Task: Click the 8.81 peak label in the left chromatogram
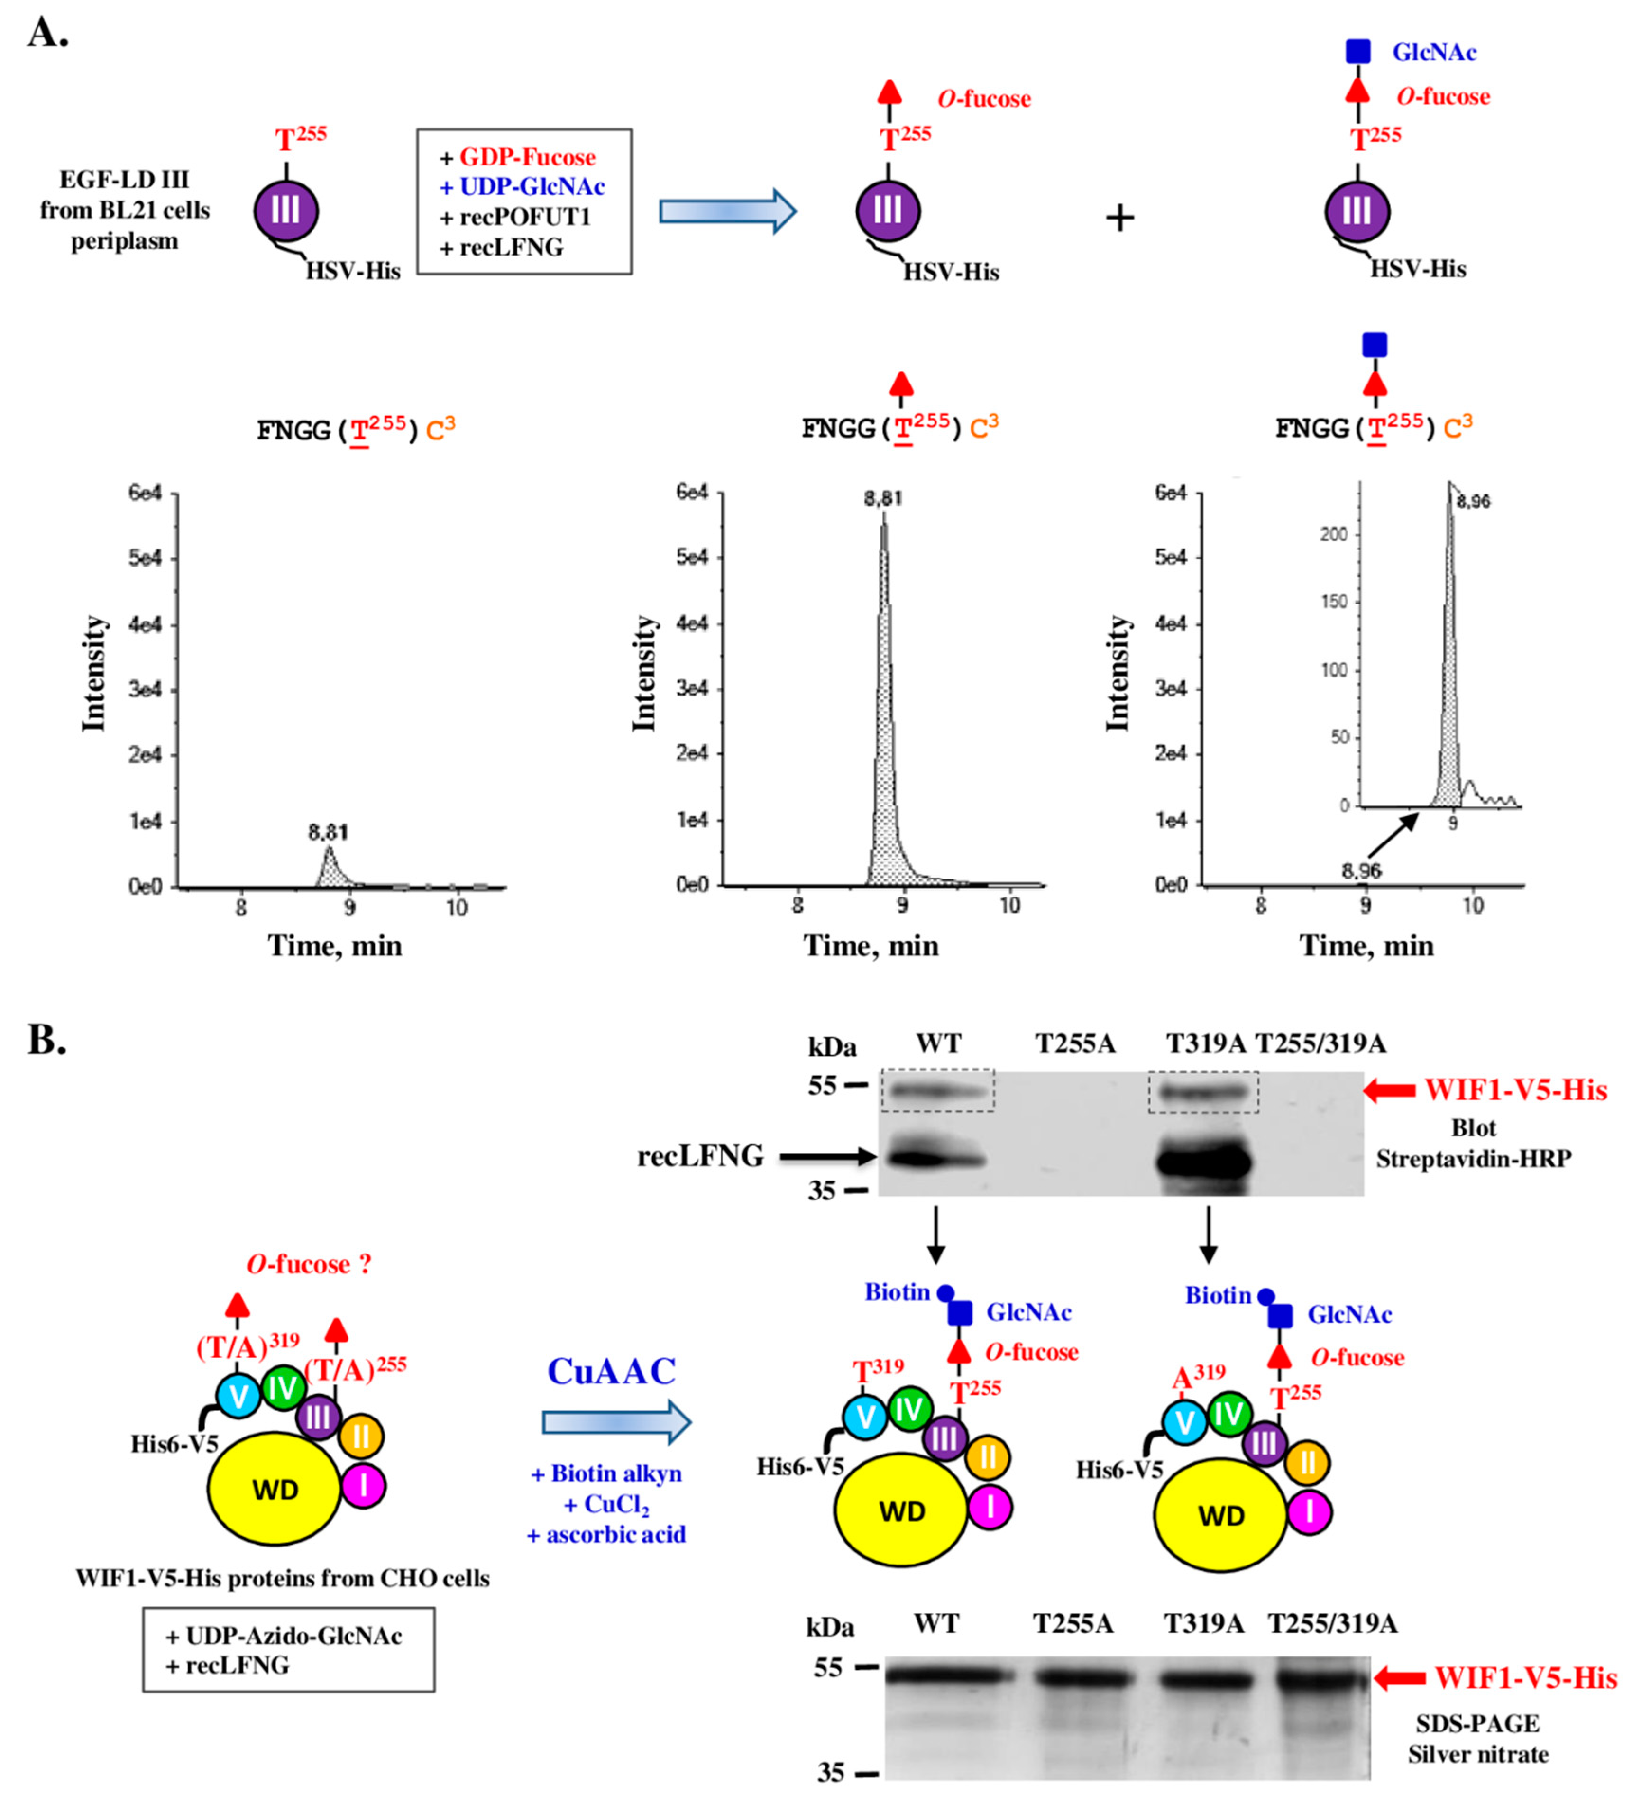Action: pyautogui.click(x=328, y=833)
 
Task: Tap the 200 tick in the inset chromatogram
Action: pyautogui.click(x=1334, y=535)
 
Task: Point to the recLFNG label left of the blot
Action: pyautogui.click(x=700, y=1156)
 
